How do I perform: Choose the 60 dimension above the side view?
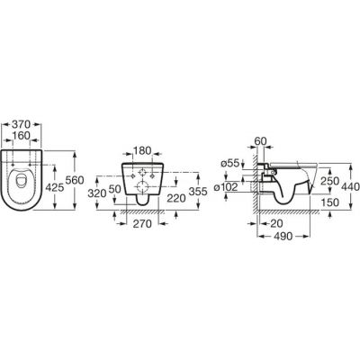click(x=261, y=141)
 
